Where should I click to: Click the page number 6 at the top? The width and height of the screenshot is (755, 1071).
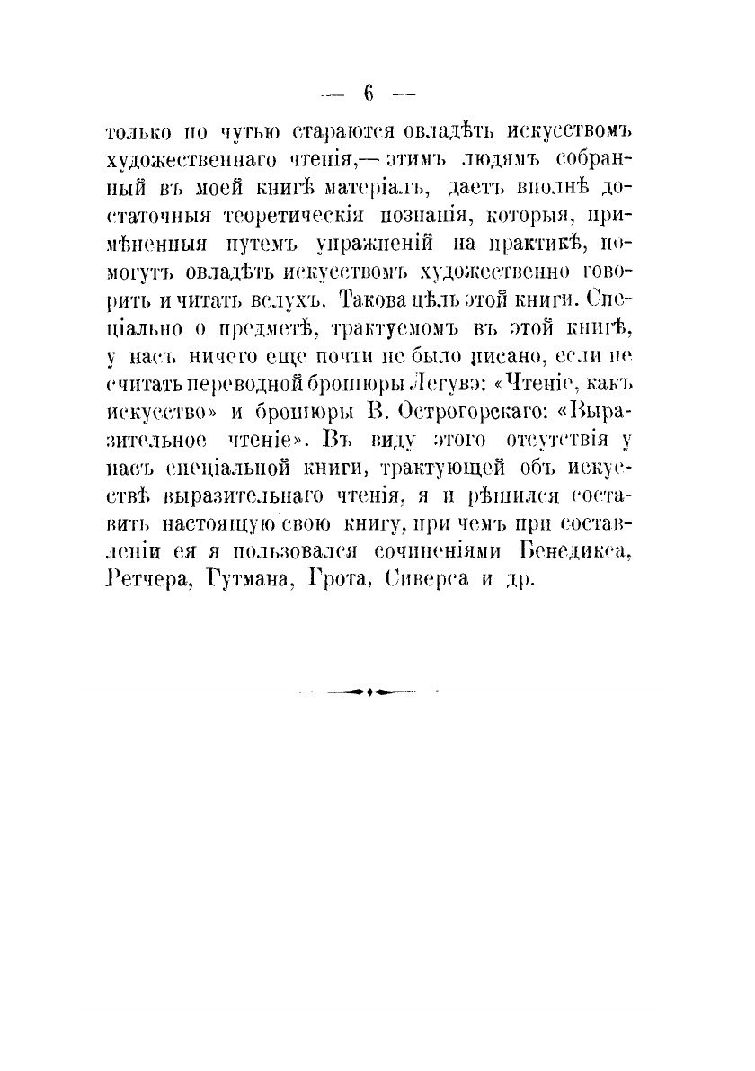coord(369,92)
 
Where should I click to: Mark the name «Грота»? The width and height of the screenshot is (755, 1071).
coord(340,580)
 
